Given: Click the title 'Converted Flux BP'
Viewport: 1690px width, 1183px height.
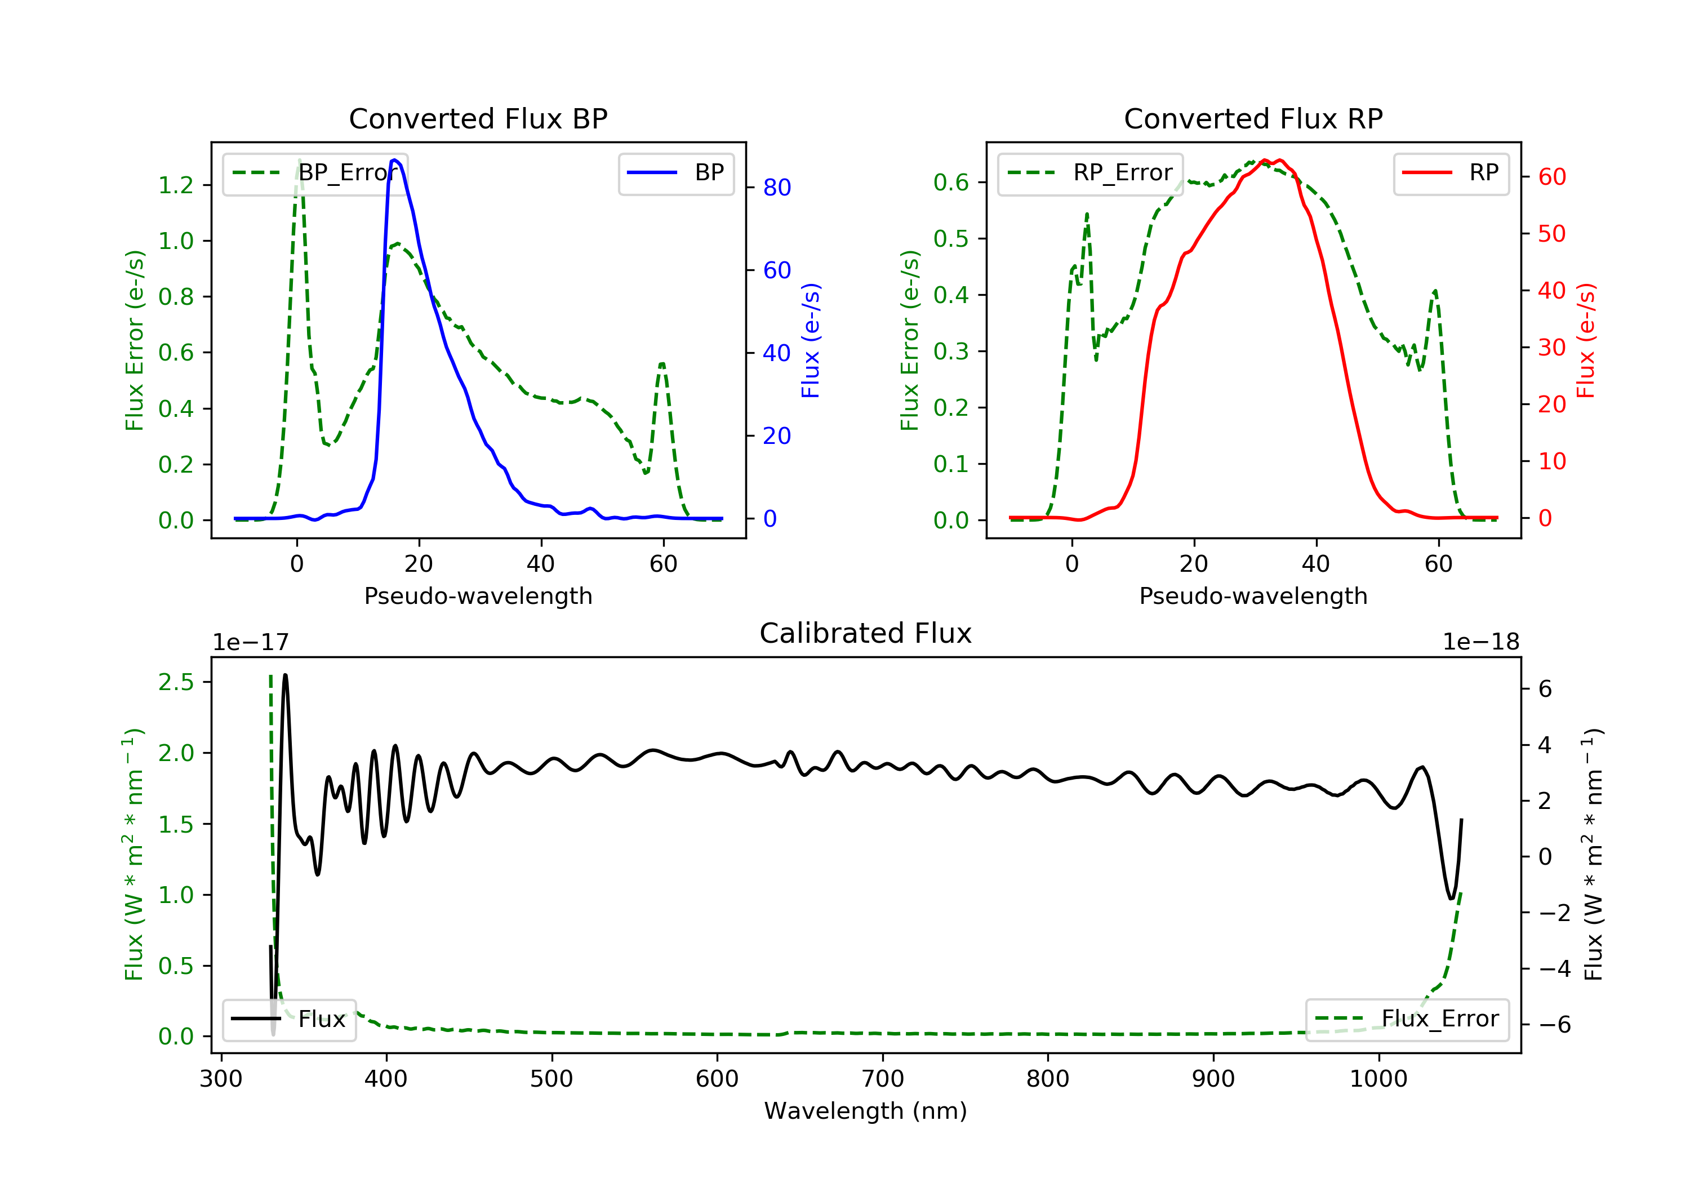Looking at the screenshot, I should [478, 118].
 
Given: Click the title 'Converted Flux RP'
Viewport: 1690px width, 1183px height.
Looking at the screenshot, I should [1253, 118].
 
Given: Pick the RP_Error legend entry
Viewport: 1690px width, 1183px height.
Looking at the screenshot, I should [1090, 173].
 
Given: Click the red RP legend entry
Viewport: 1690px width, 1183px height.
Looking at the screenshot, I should [1451, 173].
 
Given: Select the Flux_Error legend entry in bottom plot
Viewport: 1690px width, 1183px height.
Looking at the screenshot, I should [1407, 1019].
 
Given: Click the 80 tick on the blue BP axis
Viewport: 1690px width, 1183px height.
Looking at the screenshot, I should [776, 188].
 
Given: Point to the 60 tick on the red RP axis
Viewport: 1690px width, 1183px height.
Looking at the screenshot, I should [1551, 177].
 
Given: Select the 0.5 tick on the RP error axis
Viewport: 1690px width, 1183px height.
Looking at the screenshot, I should [951, 238].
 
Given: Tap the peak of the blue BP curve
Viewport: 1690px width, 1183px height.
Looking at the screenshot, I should [394, 160].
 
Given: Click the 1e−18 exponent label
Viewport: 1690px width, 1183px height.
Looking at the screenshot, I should [1480, 642].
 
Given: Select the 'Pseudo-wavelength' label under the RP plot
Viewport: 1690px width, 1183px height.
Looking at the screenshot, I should [1253, 595].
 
